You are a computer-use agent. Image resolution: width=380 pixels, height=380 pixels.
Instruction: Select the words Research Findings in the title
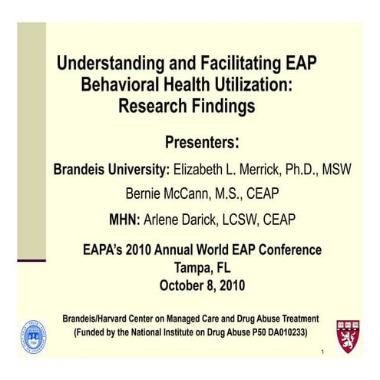coord(187,105)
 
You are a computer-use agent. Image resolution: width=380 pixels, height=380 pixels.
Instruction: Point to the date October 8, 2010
coord(201,286)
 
